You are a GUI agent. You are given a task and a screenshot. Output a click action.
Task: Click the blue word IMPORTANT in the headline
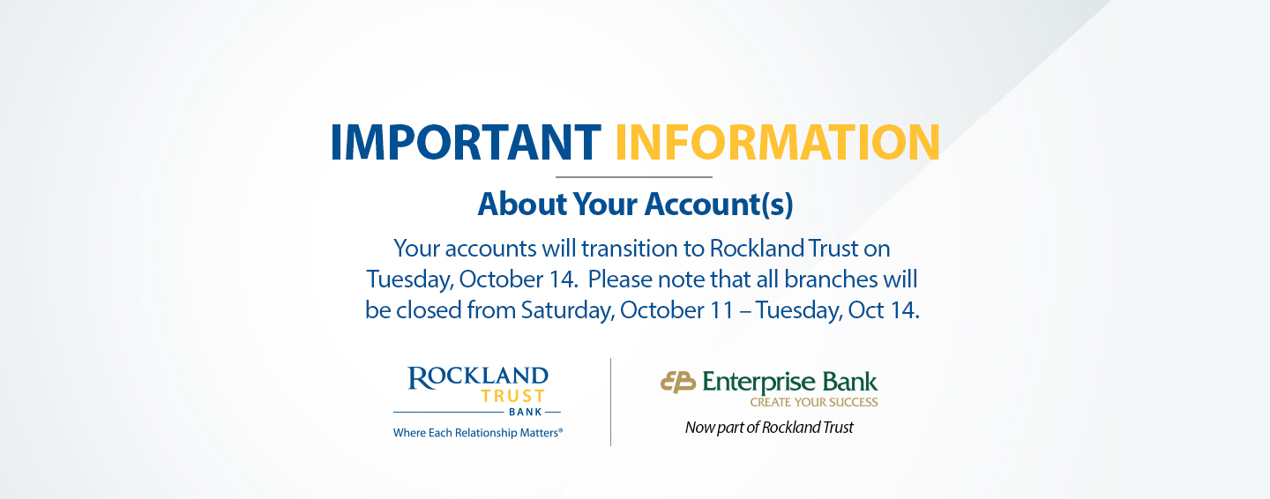tap(466, 142)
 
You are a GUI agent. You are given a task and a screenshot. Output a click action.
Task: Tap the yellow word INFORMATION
tap(778, 142)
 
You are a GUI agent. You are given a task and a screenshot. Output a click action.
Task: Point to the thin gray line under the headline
tap(634, 177)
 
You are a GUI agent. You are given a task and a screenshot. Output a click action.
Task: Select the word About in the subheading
tap(521, 205)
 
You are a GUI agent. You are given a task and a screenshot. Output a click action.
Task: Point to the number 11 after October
tap(721, 310)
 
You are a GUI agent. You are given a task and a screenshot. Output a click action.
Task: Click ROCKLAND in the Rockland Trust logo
tap(478, 377)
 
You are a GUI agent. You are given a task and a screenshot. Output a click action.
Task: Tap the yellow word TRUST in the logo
tap(513, 396)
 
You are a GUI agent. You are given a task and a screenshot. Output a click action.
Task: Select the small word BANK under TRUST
tap(526, 413)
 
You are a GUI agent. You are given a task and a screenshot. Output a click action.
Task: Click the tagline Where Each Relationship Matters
tap(478, 433)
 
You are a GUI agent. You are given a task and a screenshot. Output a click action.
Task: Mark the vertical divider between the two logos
tap(610, 402)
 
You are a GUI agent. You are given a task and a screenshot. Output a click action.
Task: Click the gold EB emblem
tap(678, 383)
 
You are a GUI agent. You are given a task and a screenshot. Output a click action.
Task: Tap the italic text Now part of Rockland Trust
tap(769, 428)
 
